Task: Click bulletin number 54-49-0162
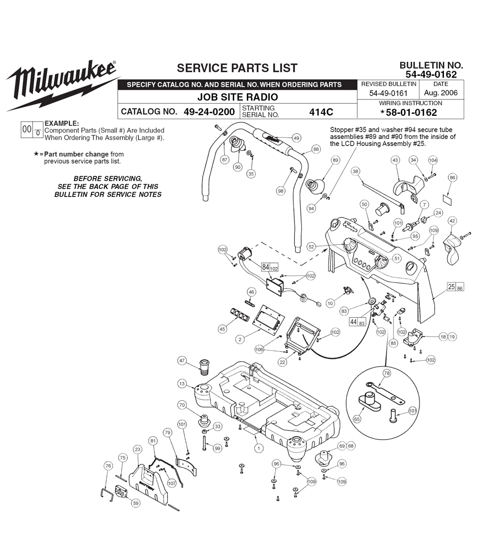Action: [x=431, y=74]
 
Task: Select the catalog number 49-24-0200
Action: [x=209, y=112]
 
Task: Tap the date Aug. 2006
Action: [x=441, y=93]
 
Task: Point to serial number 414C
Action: [x=321, y=112]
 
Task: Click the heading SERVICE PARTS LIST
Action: [x=237, y=68]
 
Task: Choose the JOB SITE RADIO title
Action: [x=238, y=97]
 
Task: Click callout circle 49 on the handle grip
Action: [x=296, y=138]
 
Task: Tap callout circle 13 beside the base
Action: [x=182, y=384]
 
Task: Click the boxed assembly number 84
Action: [x=266, y=267]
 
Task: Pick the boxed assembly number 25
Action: [x=451, y=286]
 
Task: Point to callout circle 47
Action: [x=182, y=361]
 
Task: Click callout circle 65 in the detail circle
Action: [x=357, y=419]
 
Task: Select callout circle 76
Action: [x=108, y=466]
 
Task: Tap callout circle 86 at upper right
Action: [x=453, y=178]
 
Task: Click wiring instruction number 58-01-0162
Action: [x=411, y=112]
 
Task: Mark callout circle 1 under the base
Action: [x=259, y=448]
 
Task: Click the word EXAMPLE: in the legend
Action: [x=62, y=123]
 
